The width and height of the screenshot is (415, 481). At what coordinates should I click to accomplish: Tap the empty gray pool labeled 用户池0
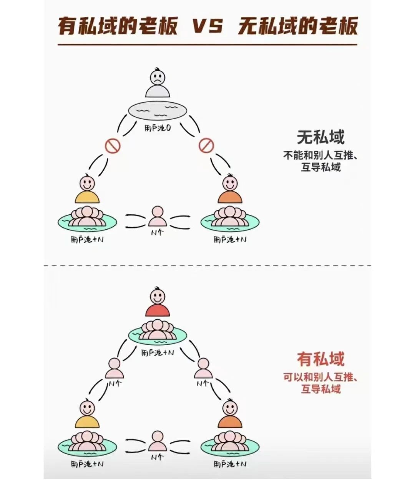(157, 111)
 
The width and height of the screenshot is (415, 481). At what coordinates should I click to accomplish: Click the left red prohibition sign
(113, 146)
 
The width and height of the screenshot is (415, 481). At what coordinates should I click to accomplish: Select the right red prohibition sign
(206, 146)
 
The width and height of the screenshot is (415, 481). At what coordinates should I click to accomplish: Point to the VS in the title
(207, 27)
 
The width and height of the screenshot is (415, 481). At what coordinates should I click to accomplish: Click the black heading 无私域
(320, 137)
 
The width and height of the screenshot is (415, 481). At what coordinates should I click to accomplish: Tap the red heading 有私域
(320, 359)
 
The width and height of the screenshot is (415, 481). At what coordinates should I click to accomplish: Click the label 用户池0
(157, 129)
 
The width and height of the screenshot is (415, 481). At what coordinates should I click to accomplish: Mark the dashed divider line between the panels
(207, 265)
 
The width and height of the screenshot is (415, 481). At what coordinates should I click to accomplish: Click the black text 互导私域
(320, 168)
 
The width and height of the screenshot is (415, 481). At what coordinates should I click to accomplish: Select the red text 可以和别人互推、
(320, 377)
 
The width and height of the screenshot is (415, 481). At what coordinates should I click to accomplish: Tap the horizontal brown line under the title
(207, 45)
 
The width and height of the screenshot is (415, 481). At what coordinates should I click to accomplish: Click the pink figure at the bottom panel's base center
(157, 441)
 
